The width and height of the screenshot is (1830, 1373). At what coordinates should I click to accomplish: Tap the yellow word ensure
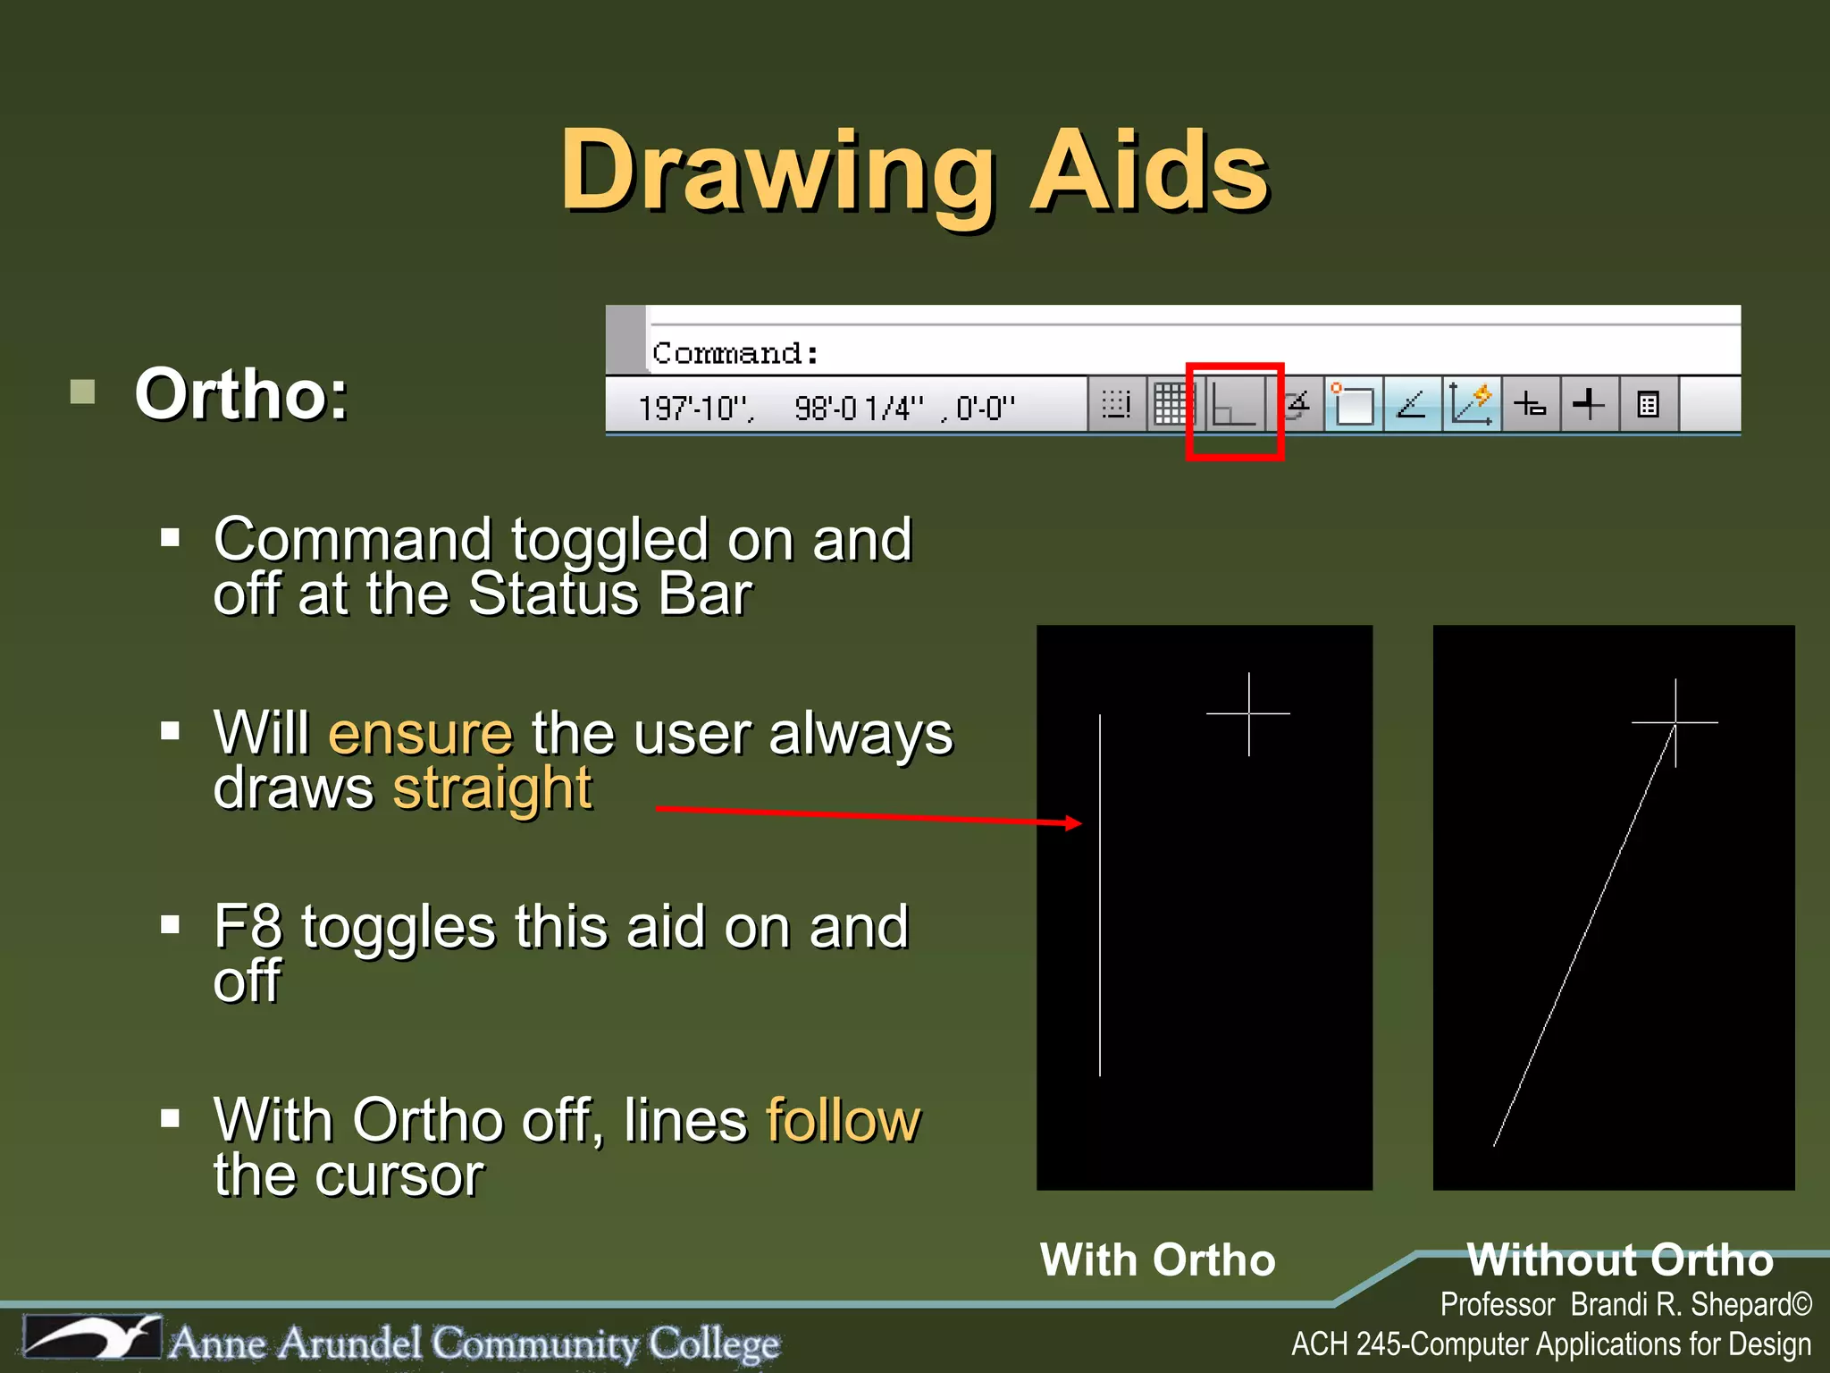pyautogui.click(x=421, y=734)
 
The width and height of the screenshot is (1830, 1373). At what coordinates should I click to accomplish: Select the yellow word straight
pyautogui.click(x=492, y=788)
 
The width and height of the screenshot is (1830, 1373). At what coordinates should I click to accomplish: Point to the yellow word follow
pyautogui.click(x=843, y=1120)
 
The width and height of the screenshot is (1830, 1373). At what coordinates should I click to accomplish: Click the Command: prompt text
pyautogui.click(x=735, y=353)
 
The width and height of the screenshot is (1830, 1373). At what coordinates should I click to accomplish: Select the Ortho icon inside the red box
pyautogui.click(x=1234, y=407)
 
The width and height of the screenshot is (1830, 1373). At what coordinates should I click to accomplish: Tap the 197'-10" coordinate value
pyautogui.click(x=695, y=409)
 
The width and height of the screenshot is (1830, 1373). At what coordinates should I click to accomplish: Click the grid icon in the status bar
pyautogui.click(x=1171, y=405)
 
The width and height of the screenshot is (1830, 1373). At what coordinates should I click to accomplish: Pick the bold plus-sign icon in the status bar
pyautogui.click(x=1589, y=405)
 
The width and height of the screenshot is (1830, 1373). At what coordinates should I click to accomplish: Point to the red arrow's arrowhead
pyautogui.click(x=1074, y=823)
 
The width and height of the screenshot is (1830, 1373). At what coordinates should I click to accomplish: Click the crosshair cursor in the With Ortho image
pyautogui.click(x=1248, y=713)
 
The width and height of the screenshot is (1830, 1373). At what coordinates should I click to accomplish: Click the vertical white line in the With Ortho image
pyautogui.click(x=1100, y=894)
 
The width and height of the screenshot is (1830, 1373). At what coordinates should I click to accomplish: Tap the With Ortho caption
pyautogui.click(x=1157, y=1260)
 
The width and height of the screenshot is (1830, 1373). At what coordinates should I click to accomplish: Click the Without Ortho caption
pyautogui.click(x=1619, y=1260)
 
